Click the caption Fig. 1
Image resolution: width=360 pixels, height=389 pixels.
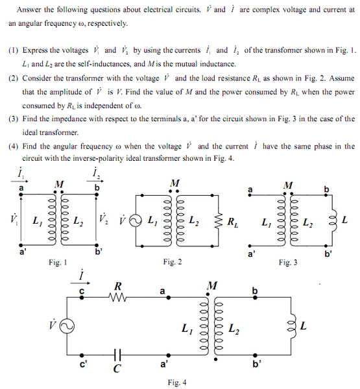coord(57,262)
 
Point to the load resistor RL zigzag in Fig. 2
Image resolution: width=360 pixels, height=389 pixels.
coord(219,222)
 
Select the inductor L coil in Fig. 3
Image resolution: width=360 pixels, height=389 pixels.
coord(335,220)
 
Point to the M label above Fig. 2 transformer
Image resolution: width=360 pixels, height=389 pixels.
coord(173,183)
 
